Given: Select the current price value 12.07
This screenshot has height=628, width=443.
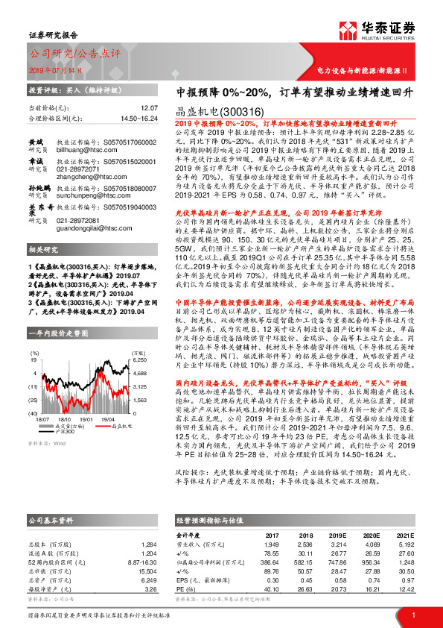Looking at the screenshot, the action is [149, 108].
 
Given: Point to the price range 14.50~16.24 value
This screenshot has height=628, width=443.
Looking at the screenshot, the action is [138, 118].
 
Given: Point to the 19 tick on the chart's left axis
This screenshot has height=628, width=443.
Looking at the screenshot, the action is [34, 359].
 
